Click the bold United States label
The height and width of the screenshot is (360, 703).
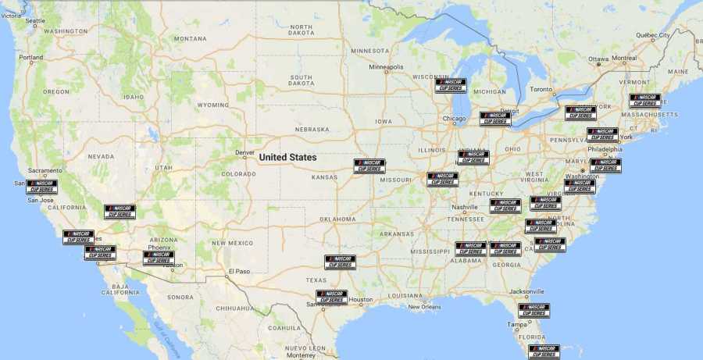[287, 157]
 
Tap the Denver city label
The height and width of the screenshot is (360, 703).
[244, 152]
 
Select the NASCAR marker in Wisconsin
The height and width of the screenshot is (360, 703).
[451, 85]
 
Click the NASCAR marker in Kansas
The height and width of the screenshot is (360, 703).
[369, 166]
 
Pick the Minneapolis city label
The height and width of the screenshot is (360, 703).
[386, 67]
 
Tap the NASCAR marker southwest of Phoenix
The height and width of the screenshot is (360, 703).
[159, 257]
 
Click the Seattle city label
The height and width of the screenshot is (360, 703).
[36, 21]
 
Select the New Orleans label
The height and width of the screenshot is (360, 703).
[424, 306]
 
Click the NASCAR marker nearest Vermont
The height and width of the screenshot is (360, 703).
[645, 101]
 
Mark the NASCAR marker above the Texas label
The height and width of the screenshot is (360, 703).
[340, 262]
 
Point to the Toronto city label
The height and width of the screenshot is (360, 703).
[541, 89]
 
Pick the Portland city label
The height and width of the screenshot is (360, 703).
[31, 57]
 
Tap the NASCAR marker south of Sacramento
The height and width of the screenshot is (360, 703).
[42, 187]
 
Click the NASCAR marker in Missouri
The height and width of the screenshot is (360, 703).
[443, 180]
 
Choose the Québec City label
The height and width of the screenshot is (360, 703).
[652, 35]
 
